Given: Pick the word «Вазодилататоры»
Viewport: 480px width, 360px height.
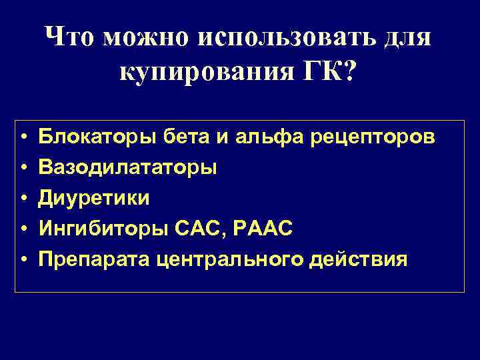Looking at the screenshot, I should (x=127, y=168).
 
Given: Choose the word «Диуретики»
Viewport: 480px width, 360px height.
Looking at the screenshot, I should (x=94, y=199).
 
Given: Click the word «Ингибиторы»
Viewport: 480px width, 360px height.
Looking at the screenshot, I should (x=96, y=229).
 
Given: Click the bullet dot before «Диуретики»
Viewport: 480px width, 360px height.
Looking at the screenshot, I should (x=22, y=199).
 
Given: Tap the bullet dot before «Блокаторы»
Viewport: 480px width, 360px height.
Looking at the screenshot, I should (x=22, y=137).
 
